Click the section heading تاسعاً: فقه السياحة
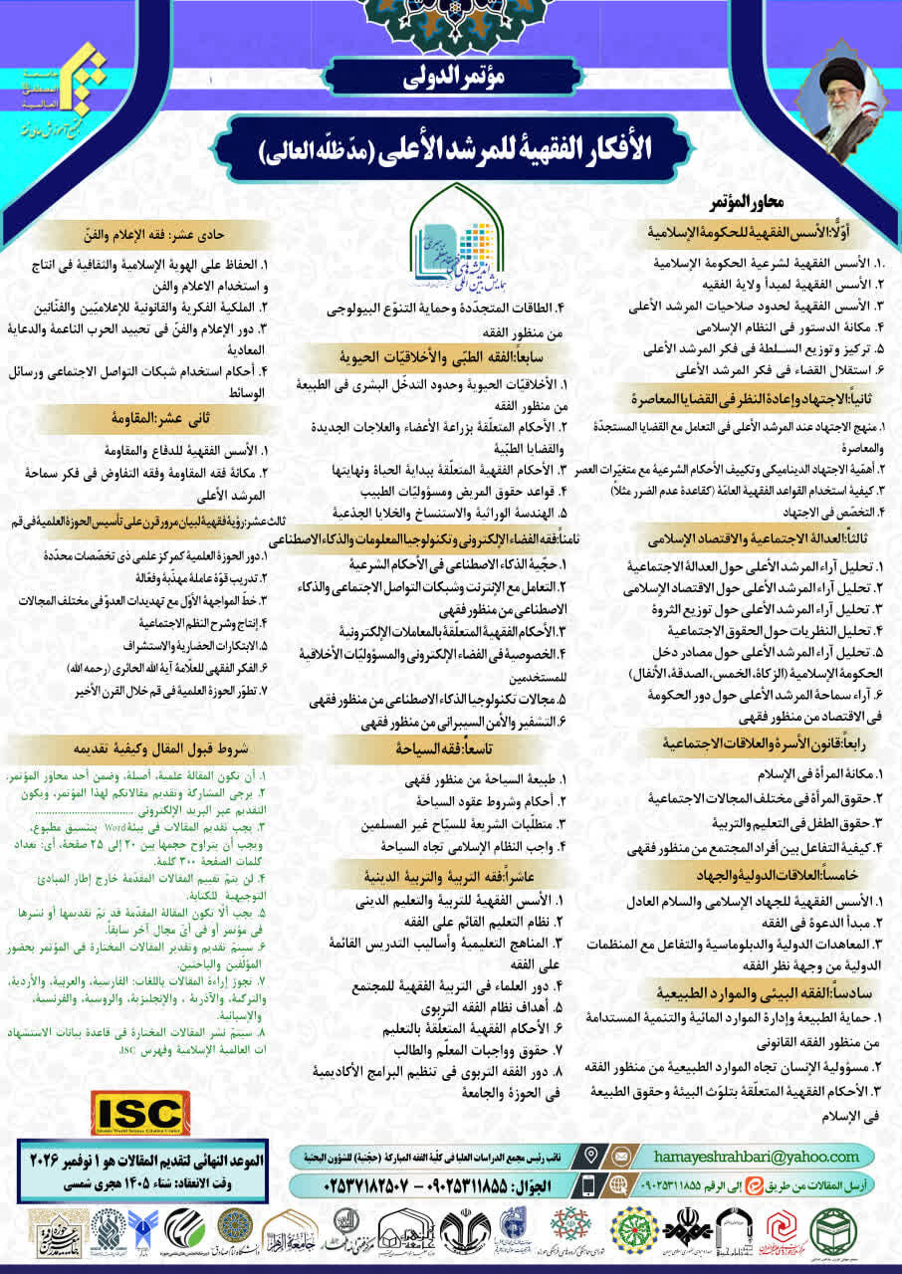449,745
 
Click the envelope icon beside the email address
622,1157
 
